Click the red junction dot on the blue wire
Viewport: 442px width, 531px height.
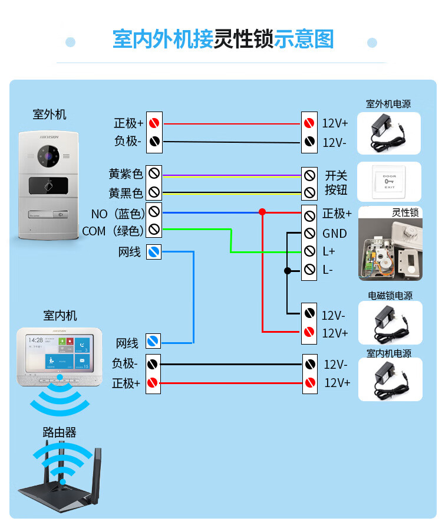point(262,211)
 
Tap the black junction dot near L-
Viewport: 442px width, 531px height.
point(288,271)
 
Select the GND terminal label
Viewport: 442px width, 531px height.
point(334,234)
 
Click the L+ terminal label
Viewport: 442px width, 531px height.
point(328,252)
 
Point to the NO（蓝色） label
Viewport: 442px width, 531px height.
point(118,213)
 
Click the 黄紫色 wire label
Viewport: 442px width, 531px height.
point(126,174)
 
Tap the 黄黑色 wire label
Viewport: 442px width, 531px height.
point(126,193)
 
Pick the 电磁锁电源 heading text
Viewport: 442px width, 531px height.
point(390,296)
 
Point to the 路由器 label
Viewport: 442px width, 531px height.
point(60,432)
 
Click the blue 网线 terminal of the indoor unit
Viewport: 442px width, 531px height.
point(153,341)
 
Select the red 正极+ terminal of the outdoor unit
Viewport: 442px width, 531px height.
point(154,123)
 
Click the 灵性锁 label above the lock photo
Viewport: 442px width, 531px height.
point(405,212)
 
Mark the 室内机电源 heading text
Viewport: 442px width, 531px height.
point(389,353)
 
